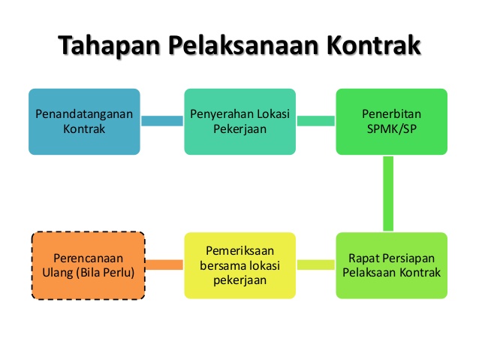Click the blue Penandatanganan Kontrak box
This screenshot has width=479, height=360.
pyautogui.click(x=84, y=122)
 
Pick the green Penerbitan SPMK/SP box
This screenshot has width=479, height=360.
pyautogui.click(x=391, y=122)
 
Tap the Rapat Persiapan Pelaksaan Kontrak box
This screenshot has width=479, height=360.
pyautogui.click(x=391, y=265)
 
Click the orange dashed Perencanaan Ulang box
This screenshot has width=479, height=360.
pyautogui.click(x=87, y=265)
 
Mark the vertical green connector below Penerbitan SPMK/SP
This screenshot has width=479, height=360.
pyautogui.click(x=389, y=193)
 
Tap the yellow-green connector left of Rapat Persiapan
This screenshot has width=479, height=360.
pyautogui.click(x=316, y=265)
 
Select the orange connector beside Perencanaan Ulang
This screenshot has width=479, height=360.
pyautogui.click(x=164, y=265)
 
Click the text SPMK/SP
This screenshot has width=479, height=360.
pyautogui.click(x=391, y=129)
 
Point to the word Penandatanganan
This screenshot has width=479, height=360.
pyautogui.click(x=84, y=114)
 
